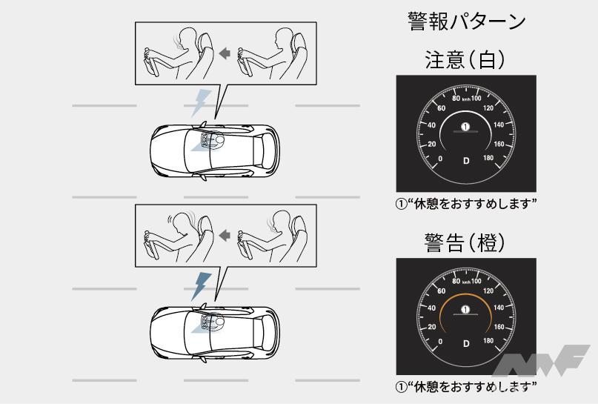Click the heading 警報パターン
coord(466,21)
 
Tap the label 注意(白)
coord(465,60)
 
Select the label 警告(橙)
coord(465,242)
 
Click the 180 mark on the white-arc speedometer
coord(488,158)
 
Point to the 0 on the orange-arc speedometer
coord(440,341)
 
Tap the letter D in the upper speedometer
coord(466,161)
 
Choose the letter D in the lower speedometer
coord(466,344)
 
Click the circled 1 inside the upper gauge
coord(465,126)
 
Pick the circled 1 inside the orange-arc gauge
coord(465,309)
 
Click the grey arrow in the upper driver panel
coord(225,53)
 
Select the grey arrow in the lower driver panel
coord(225,236)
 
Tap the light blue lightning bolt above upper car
coord(200,103)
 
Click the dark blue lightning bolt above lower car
coord(200,286)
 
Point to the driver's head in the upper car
coord(219,141)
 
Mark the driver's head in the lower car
coord(219,323)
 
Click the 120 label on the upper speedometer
coord(488,108)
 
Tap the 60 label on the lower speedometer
coord(441,291)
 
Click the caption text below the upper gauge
coord(466,204)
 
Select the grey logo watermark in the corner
coord(541,360)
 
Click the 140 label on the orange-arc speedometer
coord(499,308)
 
